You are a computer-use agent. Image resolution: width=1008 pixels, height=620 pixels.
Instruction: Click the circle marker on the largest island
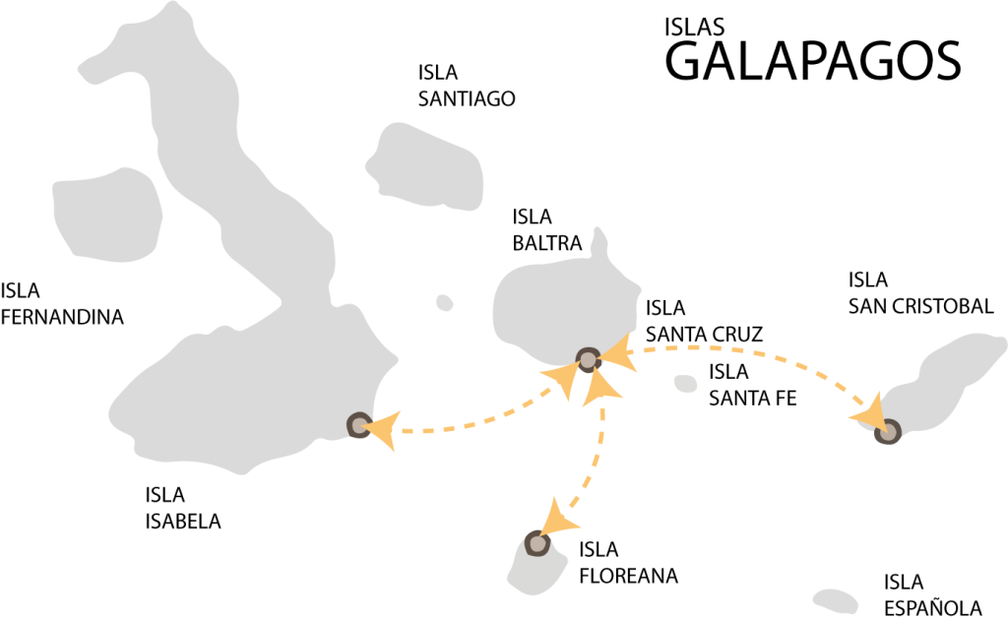coord(359,425)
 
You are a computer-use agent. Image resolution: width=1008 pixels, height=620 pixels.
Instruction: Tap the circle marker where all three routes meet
coord(588,360)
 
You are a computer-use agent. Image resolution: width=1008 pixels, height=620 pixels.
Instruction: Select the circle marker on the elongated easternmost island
coord(888,431)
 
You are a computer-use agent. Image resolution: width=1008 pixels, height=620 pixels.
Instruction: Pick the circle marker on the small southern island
coord(536,543)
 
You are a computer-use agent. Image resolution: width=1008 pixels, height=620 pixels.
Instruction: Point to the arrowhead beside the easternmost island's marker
coord(869,414)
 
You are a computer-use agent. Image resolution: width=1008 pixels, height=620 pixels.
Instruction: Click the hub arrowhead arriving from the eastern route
coord(617,353)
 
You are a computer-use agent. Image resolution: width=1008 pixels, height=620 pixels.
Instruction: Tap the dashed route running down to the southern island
coord(596,463)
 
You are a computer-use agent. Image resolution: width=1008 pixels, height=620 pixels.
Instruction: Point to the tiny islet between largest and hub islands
coord(444,302)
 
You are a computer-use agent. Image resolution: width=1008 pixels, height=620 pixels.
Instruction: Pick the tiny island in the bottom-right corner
coord(835,600)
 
